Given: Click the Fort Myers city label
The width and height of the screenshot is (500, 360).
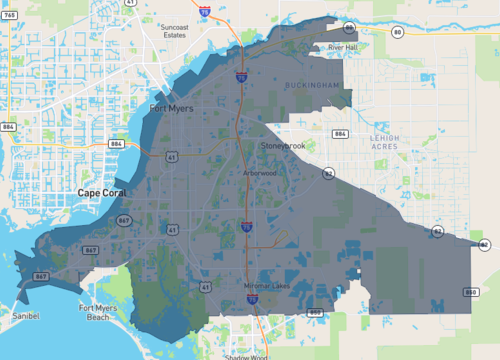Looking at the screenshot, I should pos(171,108).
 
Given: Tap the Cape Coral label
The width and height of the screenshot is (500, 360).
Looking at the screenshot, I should pos(101,192).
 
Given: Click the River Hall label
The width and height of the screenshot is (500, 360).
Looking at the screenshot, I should pos(343,46).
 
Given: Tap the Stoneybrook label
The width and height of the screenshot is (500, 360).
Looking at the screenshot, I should pos(283,146).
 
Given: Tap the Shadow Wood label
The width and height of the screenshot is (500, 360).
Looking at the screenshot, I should pos(246,355).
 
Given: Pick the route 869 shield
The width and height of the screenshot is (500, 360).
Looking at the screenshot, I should pos(315,312).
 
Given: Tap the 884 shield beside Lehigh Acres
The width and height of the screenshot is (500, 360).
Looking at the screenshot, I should pos(340,133).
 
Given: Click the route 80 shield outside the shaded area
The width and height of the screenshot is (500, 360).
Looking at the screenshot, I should pos(397,33).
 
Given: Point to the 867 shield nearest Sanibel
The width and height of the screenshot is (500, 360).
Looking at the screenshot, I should pos(40,276).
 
